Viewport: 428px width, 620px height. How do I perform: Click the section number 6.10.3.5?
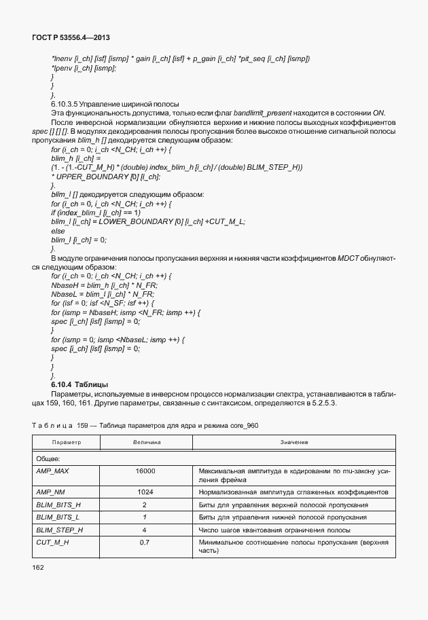tap(67, 103)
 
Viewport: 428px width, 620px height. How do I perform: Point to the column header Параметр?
tap(67, 442)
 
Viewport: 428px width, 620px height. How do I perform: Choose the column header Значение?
tap(294, 442)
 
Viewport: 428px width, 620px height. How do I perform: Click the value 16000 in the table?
tap(145, 471)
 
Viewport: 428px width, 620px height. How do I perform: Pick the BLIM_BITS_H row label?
tap(58, 505)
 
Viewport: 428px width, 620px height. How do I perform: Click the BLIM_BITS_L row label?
tap(58, 517)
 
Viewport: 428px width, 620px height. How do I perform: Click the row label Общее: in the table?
tap(49, 458)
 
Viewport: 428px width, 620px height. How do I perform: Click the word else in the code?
tap(58, 231)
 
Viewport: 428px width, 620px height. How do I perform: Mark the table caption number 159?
tap(84, 425)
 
